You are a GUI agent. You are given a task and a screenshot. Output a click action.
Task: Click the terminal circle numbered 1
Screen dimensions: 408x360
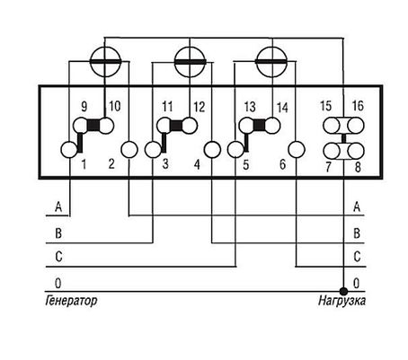click(69, 150)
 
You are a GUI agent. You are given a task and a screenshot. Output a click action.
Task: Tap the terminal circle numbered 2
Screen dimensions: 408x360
click(129, 150)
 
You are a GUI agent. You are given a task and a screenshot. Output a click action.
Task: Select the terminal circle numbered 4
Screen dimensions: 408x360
click(212, 150)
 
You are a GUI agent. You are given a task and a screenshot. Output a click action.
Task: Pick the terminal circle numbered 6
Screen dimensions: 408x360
click(296, 150)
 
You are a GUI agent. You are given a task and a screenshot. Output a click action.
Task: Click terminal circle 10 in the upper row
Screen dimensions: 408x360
click(105, 126)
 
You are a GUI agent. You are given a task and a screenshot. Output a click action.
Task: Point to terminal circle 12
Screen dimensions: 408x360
click(189, 126)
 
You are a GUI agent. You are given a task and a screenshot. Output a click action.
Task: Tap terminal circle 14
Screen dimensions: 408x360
click(272, 126)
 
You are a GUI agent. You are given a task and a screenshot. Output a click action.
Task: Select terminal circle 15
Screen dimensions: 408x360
click(332, 126)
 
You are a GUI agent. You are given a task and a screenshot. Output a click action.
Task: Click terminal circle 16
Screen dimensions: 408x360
click(356, 126)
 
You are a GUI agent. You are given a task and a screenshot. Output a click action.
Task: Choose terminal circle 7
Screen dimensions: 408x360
click(332, 151)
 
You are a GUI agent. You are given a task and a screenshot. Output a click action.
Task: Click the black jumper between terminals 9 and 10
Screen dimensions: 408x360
click(93, 126)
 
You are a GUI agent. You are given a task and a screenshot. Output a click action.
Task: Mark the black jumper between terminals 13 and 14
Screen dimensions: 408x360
click(260, 126)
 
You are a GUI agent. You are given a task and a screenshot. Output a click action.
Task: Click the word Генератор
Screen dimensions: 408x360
click(71, 301)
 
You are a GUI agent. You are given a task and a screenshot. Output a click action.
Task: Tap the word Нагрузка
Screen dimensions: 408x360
click(341, 301)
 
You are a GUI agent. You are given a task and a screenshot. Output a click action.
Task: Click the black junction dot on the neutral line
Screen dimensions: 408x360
click(343, 291)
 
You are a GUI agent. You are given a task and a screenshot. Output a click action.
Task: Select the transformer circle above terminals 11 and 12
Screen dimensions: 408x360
click(190, 62)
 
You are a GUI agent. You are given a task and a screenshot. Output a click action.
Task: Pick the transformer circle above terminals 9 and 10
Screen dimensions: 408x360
click(105, 62)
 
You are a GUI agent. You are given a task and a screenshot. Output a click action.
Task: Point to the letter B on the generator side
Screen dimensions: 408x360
click(58, 233)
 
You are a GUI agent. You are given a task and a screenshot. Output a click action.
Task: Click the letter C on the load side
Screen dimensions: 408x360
click(357, 257)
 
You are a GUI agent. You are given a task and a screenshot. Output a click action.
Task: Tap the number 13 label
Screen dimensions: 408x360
click(250, 107)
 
